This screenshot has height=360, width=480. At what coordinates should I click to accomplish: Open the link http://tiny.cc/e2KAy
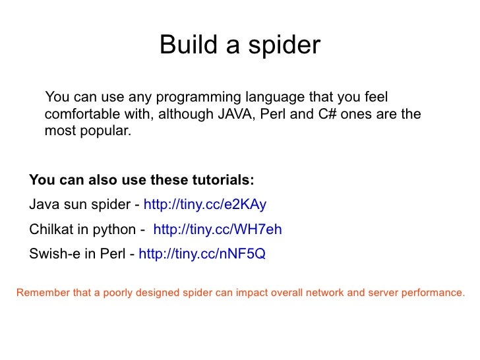tap(204, 204)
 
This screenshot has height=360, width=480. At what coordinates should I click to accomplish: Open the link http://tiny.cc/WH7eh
tap(217, 229)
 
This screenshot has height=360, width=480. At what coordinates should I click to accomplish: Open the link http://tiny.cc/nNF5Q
tap(202, 254)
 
